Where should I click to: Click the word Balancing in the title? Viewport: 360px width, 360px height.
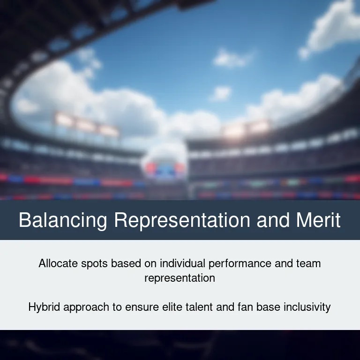(x=63, y=220)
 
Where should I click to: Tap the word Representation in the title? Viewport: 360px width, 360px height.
(x=182, y=220)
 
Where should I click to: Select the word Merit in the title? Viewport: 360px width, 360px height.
(x=318, y=220)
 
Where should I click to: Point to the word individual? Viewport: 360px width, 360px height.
(x=182, y=263)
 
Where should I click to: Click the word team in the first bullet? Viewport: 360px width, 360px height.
(x=308, y=263)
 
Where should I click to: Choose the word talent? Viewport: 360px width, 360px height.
(x=199, y=307)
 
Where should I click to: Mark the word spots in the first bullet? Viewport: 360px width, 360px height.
(x=94, y=264)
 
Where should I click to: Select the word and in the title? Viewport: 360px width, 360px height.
(x=273, y=220)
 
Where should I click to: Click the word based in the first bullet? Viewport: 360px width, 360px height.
(x=126, y=263)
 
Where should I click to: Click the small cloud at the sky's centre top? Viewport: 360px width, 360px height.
(x=231, y=59)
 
